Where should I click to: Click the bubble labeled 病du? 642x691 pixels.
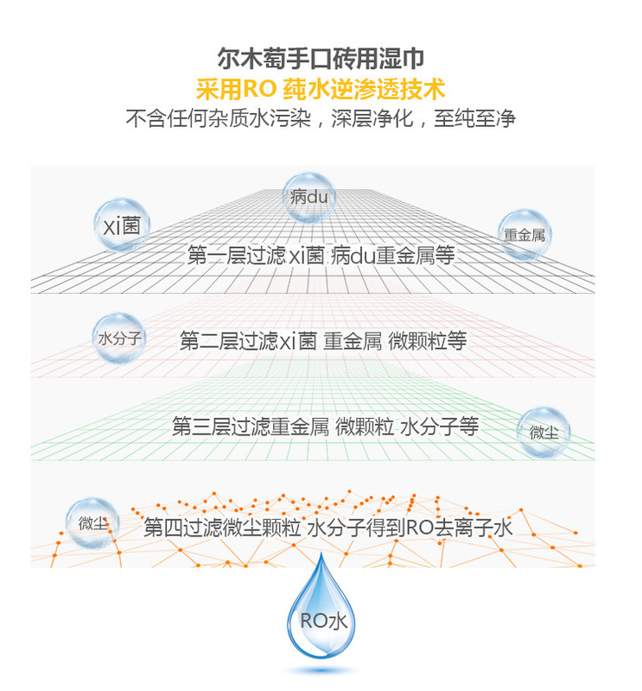[308, 198]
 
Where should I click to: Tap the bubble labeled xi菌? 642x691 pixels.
[122, 225]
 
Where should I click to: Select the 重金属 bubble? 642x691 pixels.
[524, 235]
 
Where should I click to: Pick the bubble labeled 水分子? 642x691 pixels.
[119, 338]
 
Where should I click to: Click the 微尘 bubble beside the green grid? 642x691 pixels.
[543, 433]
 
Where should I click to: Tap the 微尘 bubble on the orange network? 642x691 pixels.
[92, 523]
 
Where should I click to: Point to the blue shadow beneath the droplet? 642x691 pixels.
[321, 670]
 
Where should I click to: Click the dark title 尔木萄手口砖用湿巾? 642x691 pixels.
[321, 58]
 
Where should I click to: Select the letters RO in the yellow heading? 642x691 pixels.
[259, 89]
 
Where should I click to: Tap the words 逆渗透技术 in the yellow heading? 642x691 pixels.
[387, 89]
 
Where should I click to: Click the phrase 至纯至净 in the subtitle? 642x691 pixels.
[475, 118]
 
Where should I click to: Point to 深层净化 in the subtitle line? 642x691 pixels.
[372, 118]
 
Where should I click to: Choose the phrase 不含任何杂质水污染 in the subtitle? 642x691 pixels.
[219, 118]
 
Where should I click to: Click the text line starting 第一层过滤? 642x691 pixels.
[321, 255]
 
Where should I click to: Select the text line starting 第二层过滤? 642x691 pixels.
[323, 340]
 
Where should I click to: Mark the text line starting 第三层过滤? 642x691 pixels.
[326, 426]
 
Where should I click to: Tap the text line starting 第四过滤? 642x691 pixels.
[328, 528]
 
